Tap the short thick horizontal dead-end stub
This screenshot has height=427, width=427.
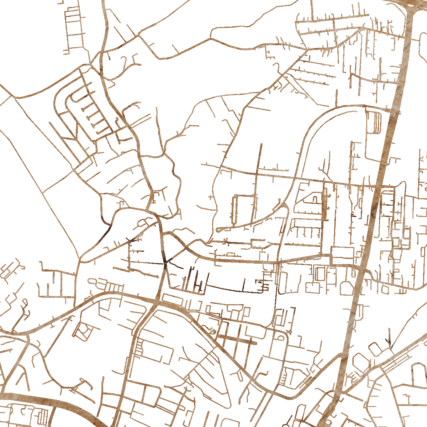coord(237,340)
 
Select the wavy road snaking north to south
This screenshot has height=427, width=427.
coord(174,178)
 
